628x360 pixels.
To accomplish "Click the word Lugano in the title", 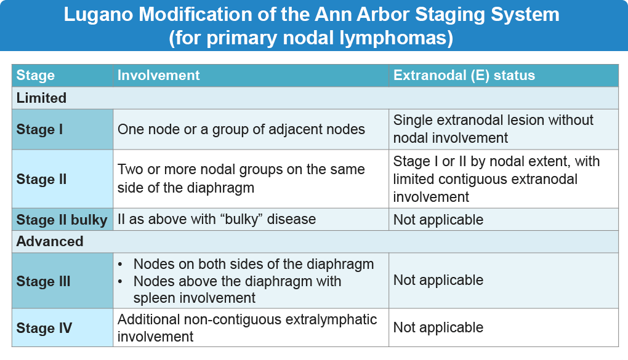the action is click(99, 15).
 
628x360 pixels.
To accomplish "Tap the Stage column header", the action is click(35, 75).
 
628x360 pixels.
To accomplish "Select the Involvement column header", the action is click(159, 75).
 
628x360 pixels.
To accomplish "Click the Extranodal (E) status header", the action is click(464, 75).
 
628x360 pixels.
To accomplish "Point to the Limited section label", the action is click(41, 98).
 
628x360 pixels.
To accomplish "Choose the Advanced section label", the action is click(50, 241).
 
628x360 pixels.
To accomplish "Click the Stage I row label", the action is click(39, 129).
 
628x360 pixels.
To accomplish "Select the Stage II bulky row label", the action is click(62, 220).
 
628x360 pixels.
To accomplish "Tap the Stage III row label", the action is click(43, 281).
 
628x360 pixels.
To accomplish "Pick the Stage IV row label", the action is click(44, 328).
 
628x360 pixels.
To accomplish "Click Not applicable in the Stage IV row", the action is click(438, 327).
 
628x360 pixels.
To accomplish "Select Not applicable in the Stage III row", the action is click(438, 280).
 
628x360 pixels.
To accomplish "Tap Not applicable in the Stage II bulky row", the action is click(438, 220).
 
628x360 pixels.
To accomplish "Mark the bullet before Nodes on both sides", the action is click(120, 264).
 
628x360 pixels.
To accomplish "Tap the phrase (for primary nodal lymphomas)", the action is click(311, 38).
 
